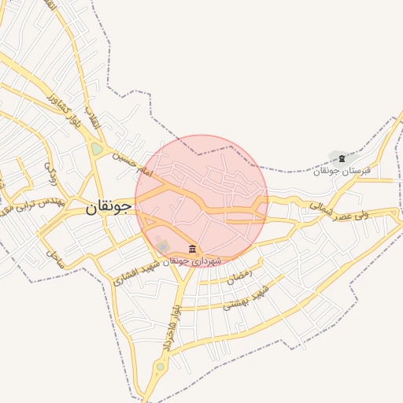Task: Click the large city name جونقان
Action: pyautogui.click(x=109, y=209)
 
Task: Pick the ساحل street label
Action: pyautogui.click(x=53, y=253)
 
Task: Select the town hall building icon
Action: pyautogui.click(x=193, y=249)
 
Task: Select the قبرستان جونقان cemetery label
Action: pyautogui.click(x=340, y=171)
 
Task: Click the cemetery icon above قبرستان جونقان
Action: pyautogui.click(x=341, y=159)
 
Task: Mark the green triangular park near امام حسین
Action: pyautogui.click(x=97, y=148)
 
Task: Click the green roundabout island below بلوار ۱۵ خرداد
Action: pyautogui.click(x=161, y=366)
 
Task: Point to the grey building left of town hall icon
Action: pyautogui.click(x=163, y=246)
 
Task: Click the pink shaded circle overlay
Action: pyautogui.click(x=201, y=201)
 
